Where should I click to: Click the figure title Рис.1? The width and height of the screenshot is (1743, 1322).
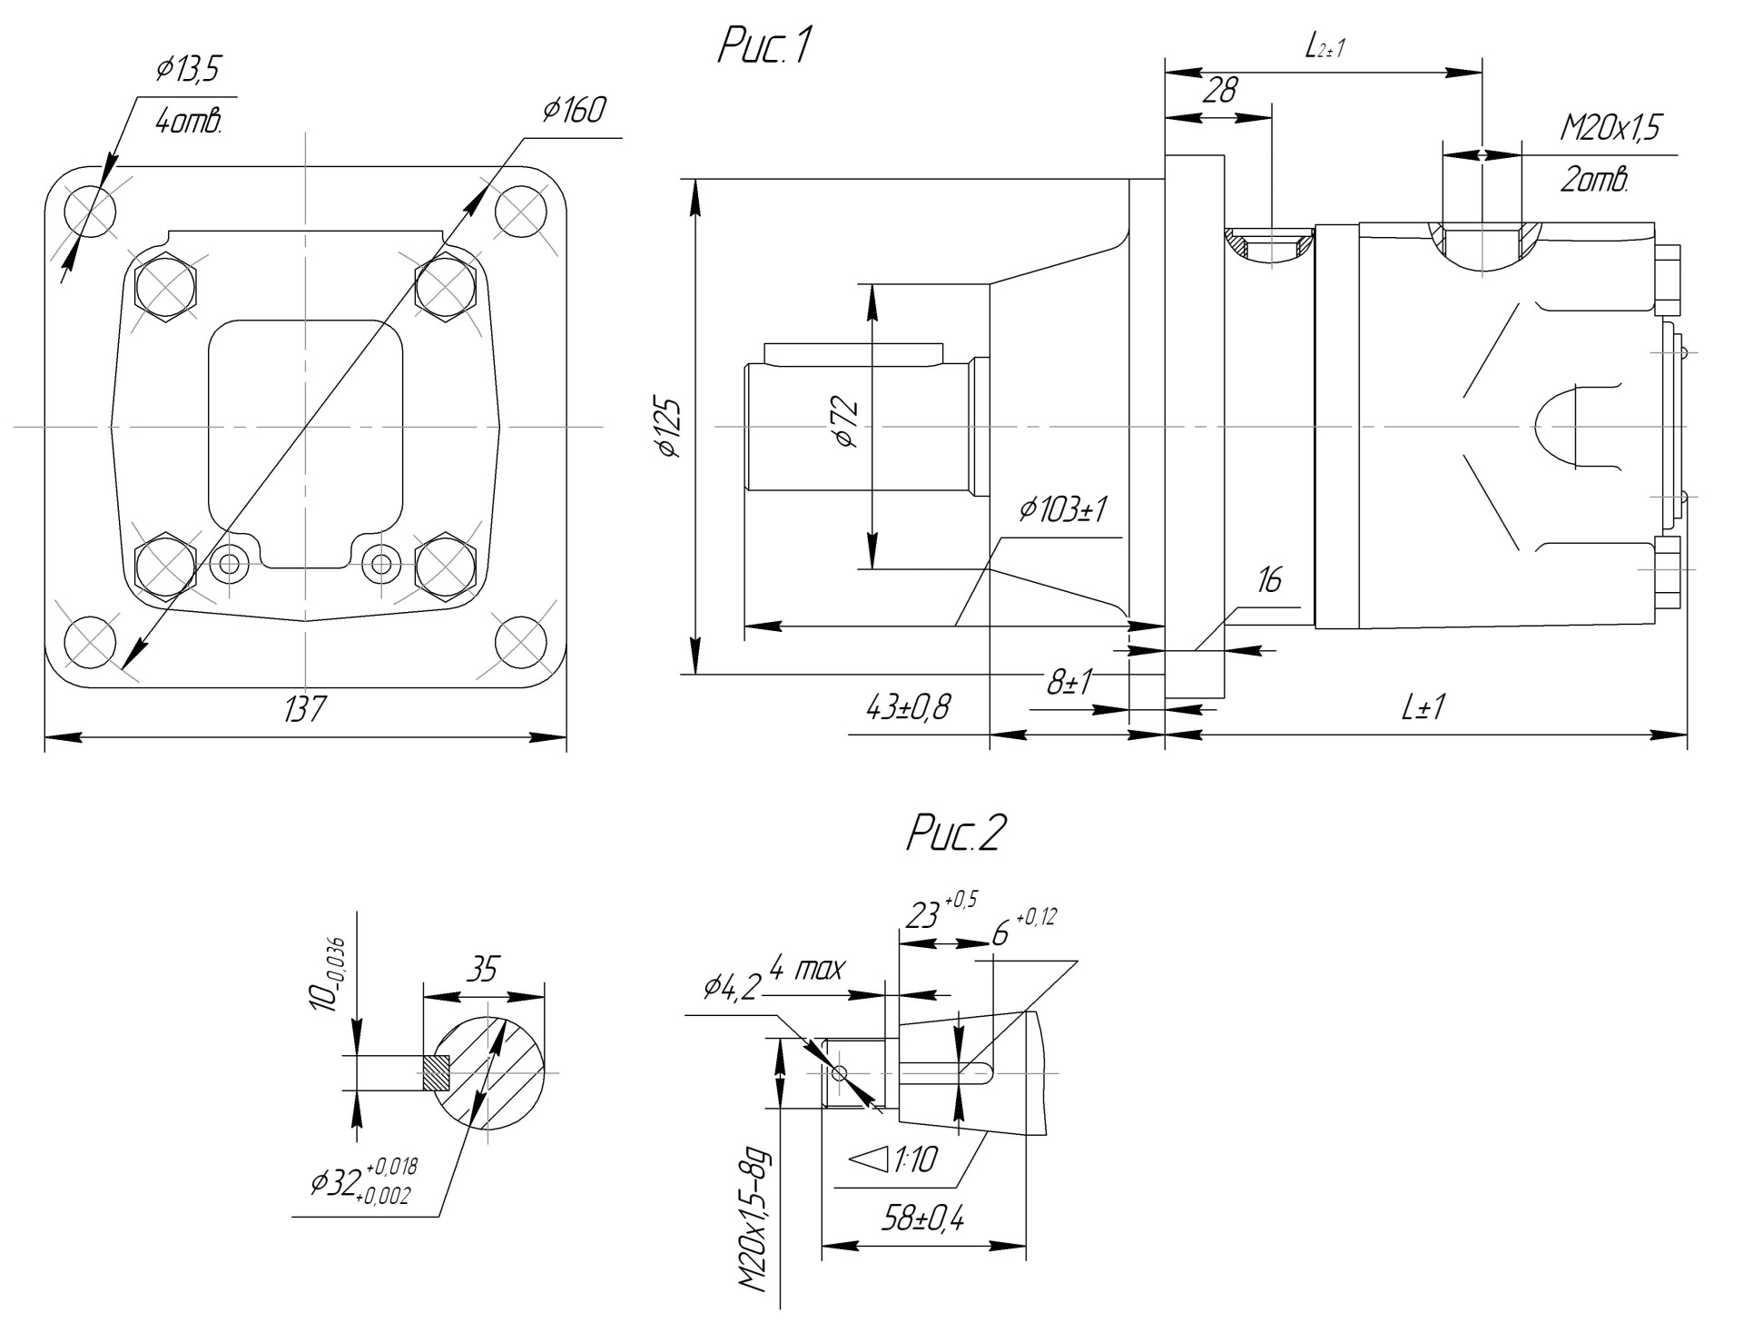[763, 47]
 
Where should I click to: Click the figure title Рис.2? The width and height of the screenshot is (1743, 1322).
[956, 833]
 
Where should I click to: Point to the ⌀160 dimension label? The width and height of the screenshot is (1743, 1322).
[574, 111]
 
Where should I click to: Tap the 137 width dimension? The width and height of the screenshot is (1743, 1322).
[304, 709]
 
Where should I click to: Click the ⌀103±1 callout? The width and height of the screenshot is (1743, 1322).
[1063, 510]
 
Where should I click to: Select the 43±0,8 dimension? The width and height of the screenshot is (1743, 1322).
[909, 705]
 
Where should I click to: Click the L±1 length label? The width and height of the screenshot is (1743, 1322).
[1423, 707]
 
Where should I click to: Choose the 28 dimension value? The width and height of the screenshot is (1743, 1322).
[1220, 91]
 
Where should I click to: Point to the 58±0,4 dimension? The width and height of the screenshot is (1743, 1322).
[922, 1218]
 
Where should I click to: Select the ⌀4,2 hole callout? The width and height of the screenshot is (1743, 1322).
[730, 986]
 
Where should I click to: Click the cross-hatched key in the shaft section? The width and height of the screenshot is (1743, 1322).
[437, 1072]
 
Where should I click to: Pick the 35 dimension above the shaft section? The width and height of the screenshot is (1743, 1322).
[483, 970]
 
